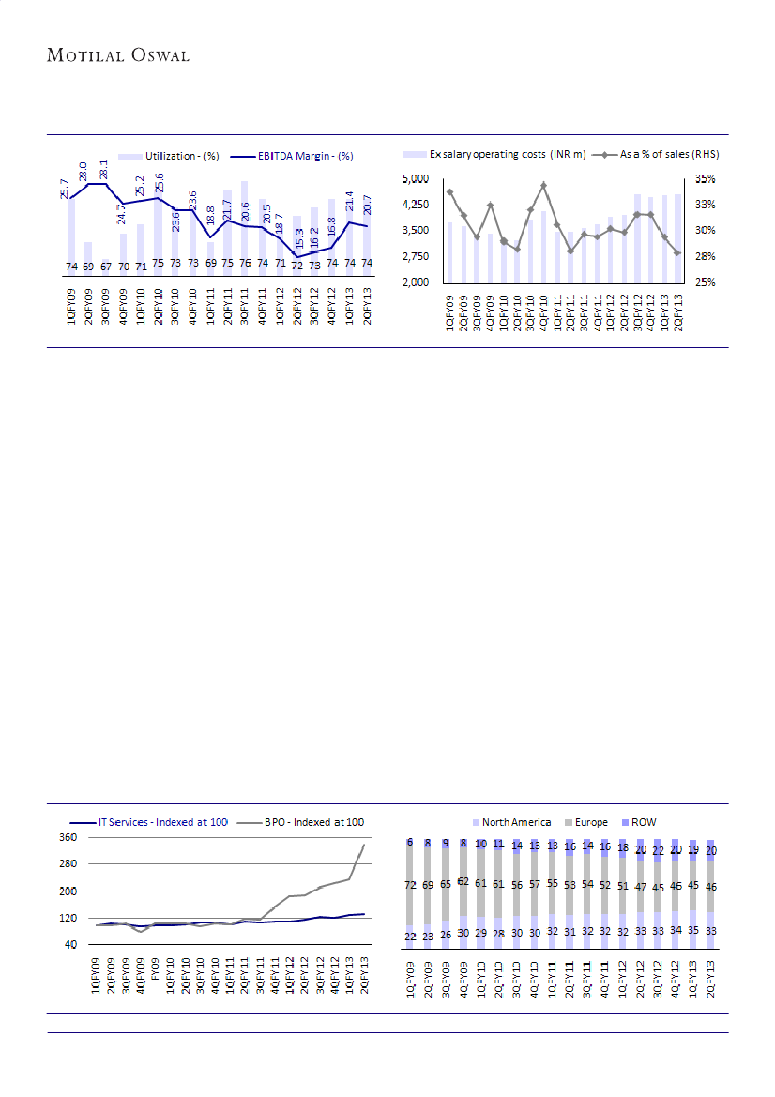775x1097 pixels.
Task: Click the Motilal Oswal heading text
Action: [118, 55]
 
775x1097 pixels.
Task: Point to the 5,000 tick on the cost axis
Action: [417, 178]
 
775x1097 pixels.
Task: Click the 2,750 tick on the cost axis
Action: [417, 256]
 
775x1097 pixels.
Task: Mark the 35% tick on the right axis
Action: [706, 178]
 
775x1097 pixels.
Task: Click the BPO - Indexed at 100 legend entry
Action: [302, 822]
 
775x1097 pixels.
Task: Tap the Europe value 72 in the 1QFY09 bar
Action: [409, 884]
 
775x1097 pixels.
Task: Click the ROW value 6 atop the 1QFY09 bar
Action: [409, 843]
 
